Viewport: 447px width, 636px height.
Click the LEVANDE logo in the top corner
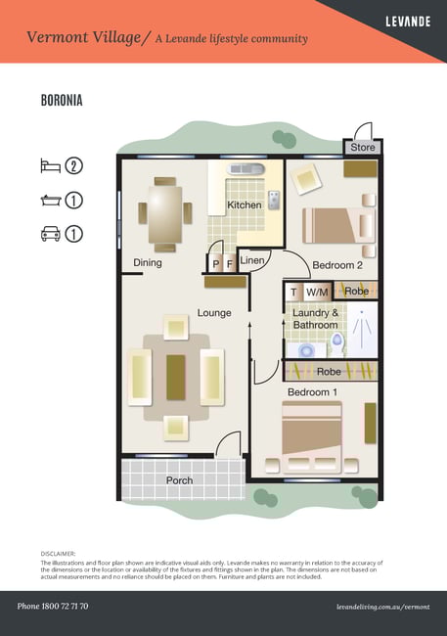tap(408, 22)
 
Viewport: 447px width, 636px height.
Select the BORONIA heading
tap(62, 100)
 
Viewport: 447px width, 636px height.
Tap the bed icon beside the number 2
tap(50, 166)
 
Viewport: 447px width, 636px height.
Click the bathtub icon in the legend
tap(51, 200)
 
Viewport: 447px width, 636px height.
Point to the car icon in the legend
tap(51, 234)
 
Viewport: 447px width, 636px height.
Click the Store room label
tap(363, 147)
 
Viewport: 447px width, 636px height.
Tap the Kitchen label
tap(245, 204)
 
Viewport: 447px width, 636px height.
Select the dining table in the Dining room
tap(165, 214)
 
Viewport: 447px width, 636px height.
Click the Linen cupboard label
tap(252, 260)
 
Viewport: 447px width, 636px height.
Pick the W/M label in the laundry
tap(317, 292)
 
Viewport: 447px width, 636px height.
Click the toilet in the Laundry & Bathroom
tap(337, 344)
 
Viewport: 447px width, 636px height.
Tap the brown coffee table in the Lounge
tap(176, 378)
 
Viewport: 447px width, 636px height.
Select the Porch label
tap(179, 480)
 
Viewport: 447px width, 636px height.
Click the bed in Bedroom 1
tap(312, 437)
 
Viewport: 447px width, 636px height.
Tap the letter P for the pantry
tap(216, 264)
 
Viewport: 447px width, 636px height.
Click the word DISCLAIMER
tap(58, 554)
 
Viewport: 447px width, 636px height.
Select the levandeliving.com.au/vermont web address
tap(382, 607)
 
